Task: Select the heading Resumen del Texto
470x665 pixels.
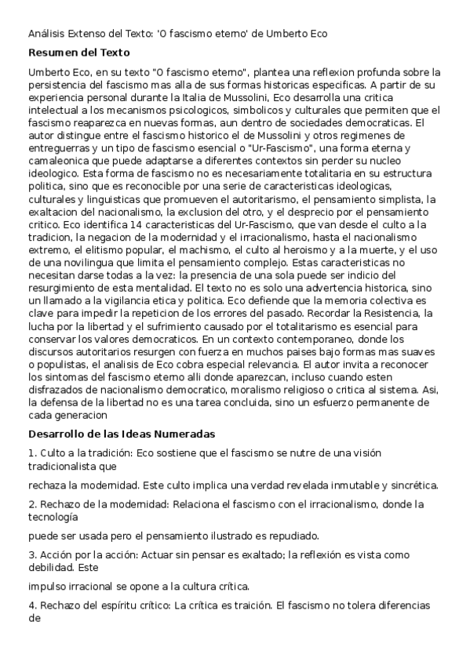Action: click(70, 53)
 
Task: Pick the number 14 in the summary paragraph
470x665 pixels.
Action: click(115, 223)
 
